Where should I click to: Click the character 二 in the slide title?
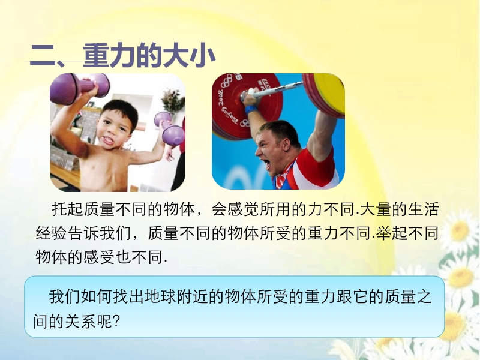(x=42, y=56)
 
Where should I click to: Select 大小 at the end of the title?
(x=189, y=56)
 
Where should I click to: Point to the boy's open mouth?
(x=108, y=141)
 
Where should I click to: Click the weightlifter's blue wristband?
(x=251, y=110)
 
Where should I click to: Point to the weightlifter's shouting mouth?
(x=267, y=166)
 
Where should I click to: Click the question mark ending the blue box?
(x=116, y=321)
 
